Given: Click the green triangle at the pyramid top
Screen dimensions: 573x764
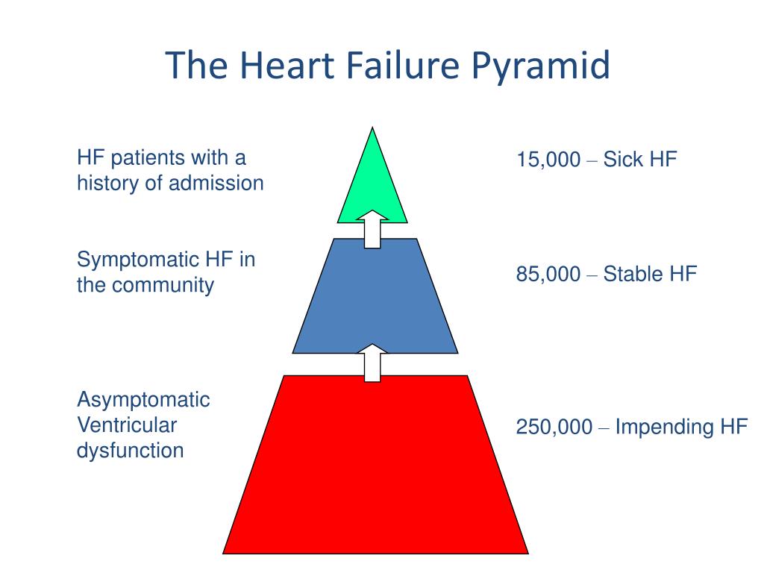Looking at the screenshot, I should [x=372, y=187].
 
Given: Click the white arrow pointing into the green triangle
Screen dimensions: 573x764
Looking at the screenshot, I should [x=372, y=227].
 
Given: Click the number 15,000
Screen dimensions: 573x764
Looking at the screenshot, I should [x=548, y=160].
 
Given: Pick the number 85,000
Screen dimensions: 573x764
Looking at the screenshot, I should [x=548, y=275].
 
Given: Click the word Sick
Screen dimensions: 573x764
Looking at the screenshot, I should [x=622, y=160].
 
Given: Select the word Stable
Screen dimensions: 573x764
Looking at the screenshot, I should [x=633, y=275].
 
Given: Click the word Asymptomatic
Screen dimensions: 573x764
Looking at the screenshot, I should [x=143, y=400].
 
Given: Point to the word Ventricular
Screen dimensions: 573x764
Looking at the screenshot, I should [x=127, y=425].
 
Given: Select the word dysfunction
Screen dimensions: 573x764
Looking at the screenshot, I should [x=130, y=451].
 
